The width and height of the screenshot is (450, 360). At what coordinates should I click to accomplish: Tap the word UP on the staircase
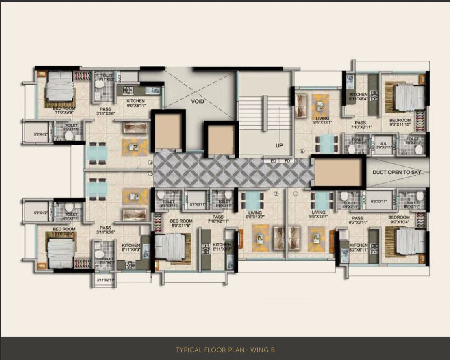coord(278,145)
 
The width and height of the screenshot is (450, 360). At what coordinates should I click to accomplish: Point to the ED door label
coord(274,161)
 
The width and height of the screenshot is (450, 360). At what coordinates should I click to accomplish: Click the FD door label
coord(287,161)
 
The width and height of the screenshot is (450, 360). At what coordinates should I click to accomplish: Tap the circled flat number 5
coord(302,152)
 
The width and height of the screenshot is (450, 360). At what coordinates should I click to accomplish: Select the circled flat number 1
coord(296,194)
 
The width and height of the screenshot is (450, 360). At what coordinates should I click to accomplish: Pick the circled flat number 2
coord(276,194)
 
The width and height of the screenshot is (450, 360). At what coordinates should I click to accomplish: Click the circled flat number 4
coord(150,163)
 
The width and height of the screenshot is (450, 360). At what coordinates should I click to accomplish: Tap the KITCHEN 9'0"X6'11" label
coord(135,103)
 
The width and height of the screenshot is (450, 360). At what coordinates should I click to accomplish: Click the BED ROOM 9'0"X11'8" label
coord(181,223)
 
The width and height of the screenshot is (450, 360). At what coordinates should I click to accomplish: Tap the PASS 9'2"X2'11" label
coord(358,221)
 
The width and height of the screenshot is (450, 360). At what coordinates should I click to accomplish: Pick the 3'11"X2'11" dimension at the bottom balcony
coord(105,280)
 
